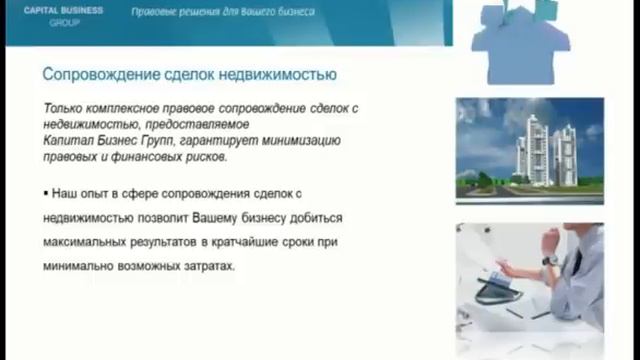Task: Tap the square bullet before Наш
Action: click(x=46, y=190)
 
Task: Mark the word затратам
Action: click(x=210, y=268)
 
